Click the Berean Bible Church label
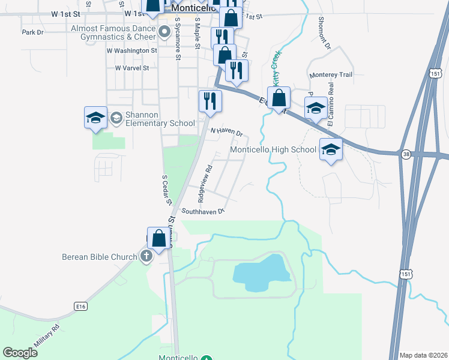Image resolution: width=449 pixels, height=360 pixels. (x=100, y=257)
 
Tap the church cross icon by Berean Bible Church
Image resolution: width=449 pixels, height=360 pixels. (x=145, y=257)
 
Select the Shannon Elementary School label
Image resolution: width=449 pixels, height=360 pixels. (x=160, y=119)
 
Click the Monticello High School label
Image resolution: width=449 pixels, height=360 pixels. (x=274, y=149)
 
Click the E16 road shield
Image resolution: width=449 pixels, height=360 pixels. (x=80, y=306)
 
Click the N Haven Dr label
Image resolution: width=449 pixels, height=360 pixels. (x=226, y=132)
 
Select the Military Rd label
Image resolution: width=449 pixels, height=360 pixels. (x=47, y=337)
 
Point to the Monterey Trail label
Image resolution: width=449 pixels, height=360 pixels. (x=331, y=75)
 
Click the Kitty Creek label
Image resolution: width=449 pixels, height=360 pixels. (x=276, y=66)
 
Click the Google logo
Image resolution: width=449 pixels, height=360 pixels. (x=20, y=352)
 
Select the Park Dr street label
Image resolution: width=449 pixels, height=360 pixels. (x=32, y=32)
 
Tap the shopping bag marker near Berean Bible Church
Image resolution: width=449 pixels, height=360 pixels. (x=158, y=238)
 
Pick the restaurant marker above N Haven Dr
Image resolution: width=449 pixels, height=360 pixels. (x=209, y=100)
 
